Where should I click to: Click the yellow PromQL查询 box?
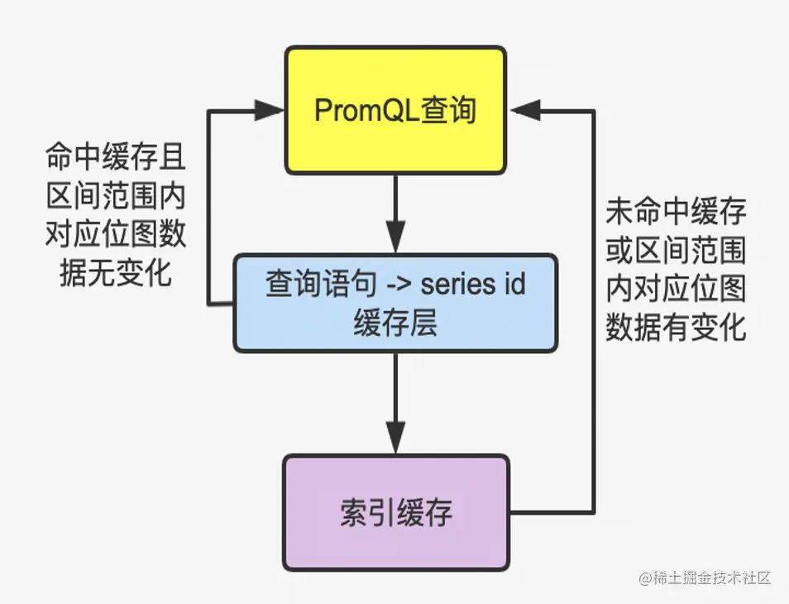tap(395, 110)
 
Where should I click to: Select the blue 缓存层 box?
tap(395, 303)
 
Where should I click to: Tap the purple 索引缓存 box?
tap(395, 512)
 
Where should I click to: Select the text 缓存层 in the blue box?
tap(395, 322)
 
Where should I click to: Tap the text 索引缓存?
tap(395, 513)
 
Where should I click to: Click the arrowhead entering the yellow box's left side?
tap(269, 109)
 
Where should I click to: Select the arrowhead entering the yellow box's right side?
tap(526, 109)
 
